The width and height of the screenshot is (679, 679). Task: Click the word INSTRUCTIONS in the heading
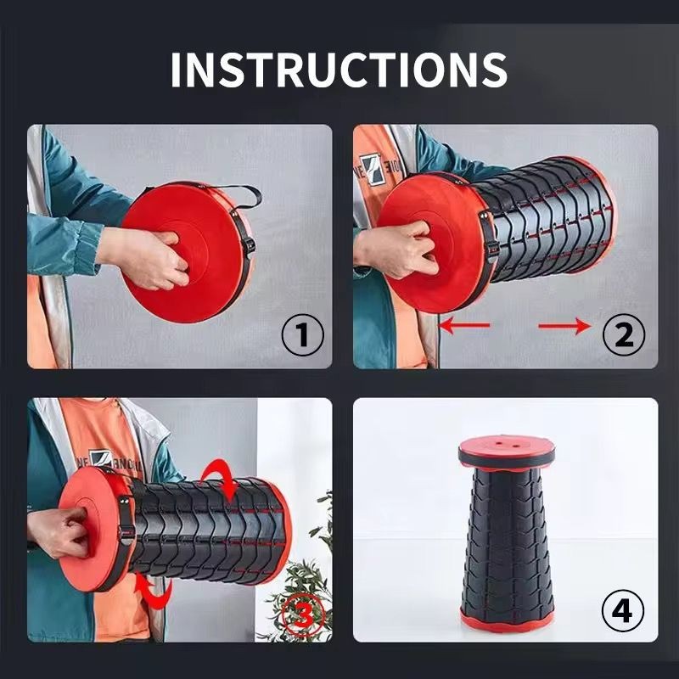pos(339,70)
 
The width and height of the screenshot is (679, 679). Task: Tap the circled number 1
pos(303,334)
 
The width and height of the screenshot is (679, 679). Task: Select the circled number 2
pos(624,334)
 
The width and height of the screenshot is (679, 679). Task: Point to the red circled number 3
pos(303,614)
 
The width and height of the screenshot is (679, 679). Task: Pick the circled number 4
pos(623,611)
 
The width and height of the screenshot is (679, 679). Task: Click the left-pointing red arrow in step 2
pos(464,325)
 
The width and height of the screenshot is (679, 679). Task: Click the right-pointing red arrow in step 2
pos(564,326)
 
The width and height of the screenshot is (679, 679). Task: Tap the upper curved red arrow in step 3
pos(221,477)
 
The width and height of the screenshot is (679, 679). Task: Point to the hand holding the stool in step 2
pos(396,249)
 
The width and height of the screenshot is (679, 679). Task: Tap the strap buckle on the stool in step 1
pos(250,247)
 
